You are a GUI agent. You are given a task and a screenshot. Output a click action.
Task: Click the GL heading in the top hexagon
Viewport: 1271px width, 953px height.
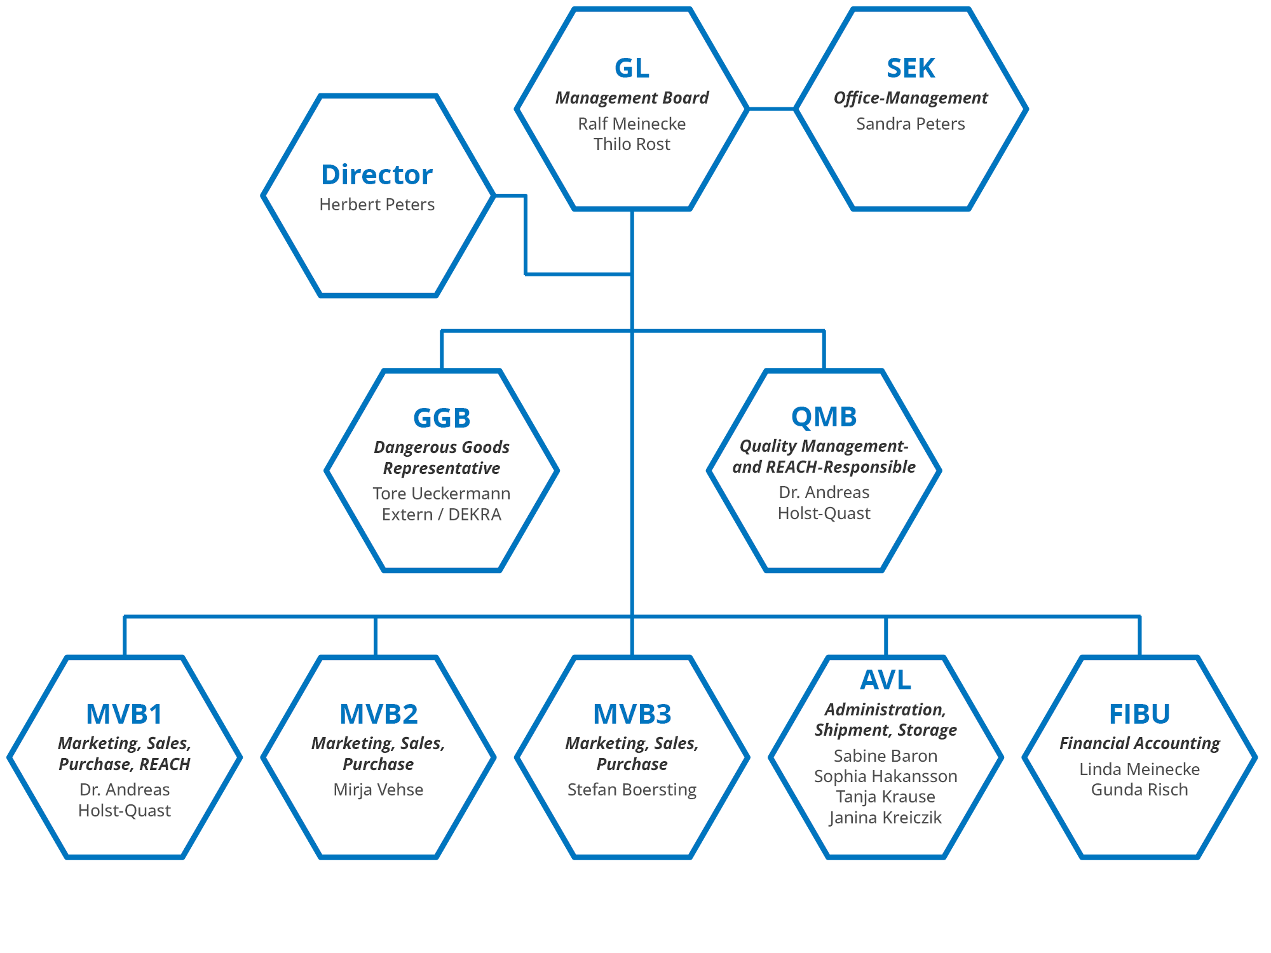click(632, 69)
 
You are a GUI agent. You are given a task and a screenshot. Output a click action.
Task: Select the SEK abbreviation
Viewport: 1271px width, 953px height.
click(911, 69)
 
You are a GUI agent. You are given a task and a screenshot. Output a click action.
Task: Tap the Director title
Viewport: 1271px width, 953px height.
click(377, 175)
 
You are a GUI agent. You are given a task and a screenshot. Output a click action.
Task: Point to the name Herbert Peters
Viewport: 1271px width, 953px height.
click(377, 205)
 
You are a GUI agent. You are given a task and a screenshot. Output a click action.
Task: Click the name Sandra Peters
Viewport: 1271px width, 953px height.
click(910, 124)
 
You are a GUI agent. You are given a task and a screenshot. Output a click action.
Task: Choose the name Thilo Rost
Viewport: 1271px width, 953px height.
click(632, 144)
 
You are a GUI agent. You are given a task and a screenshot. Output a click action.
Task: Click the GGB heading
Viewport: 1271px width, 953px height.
click(442, 418)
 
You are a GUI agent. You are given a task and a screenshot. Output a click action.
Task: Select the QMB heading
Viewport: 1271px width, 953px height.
click(824, 417)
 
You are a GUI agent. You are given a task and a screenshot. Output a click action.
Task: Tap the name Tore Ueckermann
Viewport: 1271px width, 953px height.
click(442, 494)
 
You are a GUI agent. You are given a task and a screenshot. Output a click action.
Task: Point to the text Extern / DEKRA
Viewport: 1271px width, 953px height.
click(442, 515)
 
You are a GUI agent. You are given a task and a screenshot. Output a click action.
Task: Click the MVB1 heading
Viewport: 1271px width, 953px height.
click(125, 714)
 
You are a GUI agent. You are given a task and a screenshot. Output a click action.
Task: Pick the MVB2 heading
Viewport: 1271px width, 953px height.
click(379, 714)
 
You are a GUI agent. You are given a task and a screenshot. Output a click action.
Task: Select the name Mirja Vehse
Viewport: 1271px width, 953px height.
click(378, 790)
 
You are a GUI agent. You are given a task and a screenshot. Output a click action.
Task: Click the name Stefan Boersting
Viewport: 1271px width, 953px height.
click(632, 790)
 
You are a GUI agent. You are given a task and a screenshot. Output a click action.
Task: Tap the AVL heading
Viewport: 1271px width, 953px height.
click(885, 680)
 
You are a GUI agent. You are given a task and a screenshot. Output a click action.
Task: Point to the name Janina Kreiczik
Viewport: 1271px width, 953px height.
click(885, 818)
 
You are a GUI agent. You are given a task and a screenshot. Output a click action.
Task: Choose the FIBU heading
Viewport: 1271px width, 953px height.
click(1139, 714)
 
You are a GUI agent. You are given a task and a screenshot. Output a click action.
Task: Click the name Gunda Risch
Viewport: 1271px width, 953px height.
click(1139, 790)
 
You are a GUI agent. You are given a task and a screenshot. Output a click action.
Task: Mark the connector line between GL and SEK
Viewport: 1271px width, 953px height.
click(771, 109)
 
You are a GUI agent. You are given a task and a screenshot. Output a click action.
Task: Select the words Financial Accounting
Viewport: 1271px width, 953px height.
click(1139, 743)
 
